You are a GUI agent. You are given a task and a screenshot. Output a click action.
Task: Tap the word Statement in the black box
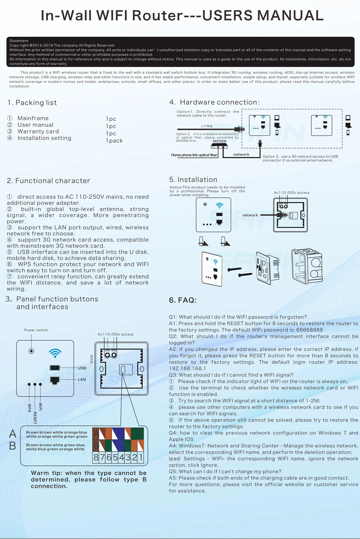pyautogui.click(x=19, y=41)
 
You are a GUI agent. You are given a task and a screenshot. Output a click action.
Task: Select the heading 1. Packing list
pyautogui.click(x=32, y=103)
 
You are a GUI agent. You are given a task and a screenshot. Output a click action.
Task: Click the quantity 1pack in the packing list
pyautogui.click(x=114, y=141)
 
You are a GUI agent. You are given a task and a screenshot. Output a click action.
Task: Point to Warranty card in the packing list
pyautogui.click(x=38, y=132)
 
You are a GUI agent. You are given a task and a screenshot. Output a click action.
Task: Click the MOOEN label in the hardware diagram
pyautogui.click(x=220, y=141)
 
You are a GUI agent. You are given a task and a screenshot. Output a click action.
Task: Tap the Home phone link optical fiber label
pyautogui.click(x=194, y=155)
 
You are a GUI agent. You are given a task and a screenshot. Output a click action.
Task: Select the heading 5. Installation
pyautogui.click(x=193, y=180)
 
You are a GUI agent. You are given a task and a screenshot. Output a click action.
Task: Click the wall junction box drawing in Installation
pyautogui.click(x=307, y=266)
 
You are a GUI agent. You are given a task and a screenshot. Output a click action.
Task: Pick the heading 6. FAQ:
pyautogui.click(x=183, y=300)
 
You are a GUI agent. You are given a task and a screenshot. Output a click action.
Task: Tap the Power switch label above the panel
pyautogui.click(x=36, y=330)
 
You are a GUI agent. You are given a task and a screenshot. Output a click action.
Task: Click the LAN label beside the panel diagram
pyautogui.click(x=82, y=380)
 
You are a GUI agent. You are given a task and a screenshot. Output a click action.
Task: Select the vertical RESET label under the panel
pyautogui.click(x=35, y=417)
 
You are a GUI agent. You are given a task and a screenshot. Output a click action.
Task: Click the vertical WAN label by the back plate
pyautogui.click(x=91, y=359)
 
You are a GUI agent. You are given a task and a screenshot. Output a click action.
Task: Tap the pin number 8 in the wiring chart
pyautogui.click(x=96, y=458)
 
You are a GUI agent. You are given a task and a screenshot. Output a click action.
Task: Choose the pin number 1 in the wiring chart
pyautogui.click(x=141, y=458)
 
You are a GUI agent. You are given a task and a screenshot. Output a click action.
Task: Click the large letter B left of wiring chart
pyautogui.click(x=12, y=446)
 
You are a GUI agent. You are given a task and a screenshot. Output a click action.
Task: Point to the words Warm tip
pyautogui.click(x=46, y=473)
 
